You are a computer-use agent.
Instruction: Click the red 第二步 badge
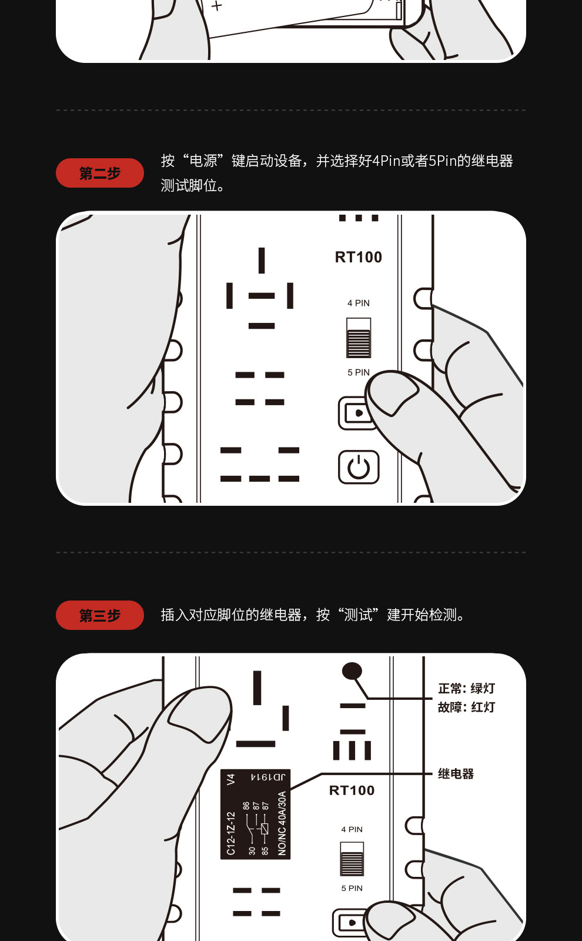coord(100,173)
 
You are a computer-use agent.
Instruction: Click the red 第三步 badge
coord(100,616)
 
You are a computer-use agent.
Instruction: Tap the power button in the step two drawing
coord(359,468)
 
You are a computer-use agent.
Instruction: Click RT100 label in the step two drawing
coord(359,257)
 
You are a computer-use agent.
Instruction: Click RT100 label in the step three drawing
coord(352,790)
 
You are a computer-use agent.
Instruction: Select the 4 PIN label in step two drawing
coord(359,303)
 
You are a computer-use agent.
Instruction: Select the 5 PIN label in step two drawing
coord(359,372)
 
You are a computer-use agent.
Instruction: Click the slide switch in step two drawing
coord(359,338)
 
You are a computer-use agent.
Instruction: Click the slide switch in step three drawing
coord(352,859)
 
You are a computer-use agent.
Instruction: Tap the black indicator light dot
coord(352,670)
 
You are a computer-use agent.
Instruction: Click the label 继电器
coord(456,774)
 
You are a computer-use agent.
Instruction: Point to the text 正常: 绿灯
coord(466,689)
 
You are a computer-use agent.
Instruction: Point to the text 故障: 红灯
coord(466,707)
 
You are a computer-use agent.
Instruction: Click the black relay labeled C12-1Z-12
coord(255,815)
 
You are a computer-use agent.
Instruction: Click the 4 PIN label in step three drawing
coord(352,829)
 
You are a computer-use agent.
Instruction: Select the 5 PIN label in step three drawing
coord(352,888)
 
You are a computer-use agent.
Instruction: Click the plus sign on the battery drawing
coord(217,6)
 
